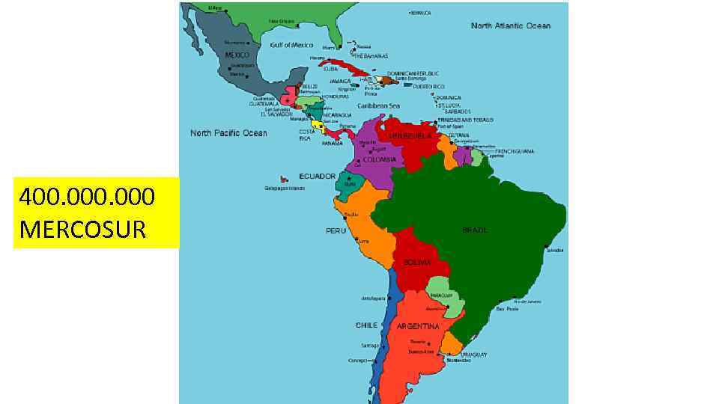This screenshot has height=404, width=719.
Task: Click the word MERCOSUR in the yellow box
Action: pos(82,229)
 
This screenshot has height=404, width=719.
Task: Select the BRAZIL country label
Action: pos(475,230)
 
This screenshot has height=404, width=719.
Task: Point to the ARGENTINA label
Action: pos(418,326)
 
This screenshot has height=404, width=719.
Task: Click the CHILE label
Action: pos(366,325)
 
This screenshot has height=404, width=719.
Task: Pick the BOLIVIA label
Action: pos(417,263)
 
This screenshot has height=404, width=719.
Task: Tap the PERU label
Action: pos(336,230)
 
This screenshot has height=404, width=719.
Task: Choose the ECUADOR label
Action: pos(317,176)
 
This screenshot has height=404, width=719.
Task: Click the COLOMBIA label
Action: pos(380,159)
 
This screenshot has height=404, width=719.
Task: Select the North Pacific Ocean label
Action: pos(228,133)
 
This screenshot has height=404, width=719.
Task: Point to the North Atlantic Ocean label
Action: pos(511,25)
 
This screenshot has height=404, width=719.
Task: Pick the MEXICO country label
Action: pos(237,55)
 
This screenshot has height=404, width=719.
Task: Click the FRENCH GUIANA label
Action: pos(514,151)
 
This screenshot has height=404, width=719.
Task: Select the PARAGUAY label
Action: pos(441,295)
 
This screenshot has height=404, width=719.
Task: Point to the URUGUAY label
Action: pos(474,354)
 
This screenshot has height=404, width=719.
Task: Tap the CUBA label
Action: pos(330,68)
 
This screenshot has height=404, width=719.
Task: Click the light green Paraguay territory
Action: pos(443,287)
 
